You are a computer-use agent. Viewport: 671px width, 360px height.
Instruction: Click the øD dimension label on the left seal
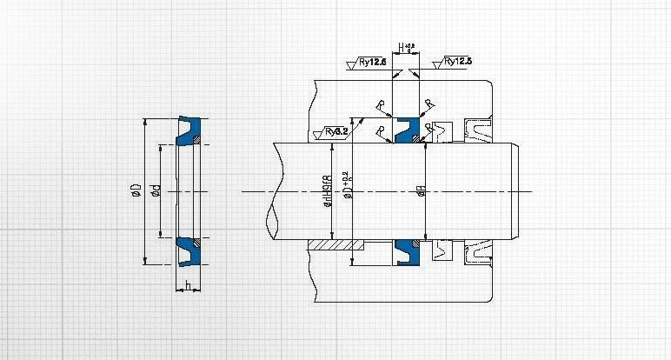point(136,190)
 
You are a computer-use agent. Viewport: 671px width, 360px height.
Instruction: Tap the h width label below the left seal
point(187,285)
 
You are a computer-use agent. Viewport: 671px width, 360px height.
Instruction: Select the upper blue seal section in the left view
point(188,130)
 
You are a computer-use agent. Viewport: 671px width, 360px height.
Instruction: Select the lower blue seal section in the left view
point(188,250)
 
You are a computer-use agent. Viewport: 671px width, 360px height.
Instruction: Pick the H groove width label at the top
point(401,47)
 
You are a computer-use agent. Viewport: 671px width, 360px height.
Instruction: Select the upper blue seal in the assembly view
point(405,130)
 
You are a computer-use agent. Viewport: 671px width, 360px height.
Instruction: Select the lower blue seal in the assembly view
point(405,250)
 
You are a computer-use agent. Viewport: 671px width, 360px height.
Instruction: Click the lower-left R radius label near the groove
point(382,130)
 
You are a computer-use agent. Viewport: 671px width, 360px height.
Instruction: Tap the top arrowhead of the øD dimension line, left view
point(145,122)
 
